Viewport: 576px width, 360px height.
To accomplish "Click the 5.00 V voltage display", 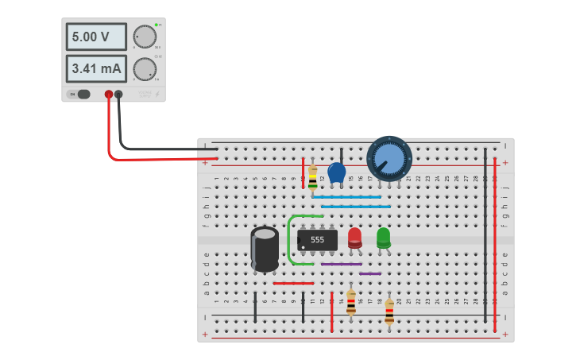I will (x=95, y=37).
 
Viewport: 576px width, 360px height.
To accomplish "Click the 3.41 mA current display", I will (x=95, y=69).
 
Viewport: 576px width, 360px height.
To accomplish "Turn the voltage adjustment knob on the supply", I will (x=145, y=37).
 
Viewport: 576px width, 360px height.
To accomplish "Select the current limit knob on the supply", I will (x=145, y=68).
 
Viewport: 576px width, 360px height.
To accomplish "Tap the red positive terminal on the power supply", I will (x=109, y=95).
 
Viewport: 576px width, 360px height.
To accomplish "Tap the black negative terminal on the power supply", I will (x=119, y=95).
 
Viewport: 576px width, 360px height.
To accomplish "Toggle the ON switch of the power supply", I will (x=81, y=95).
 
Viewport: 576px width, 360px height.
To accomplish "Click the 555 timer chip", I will (x=317, y=239).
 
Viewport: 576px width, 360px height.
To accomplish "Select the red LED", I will (x=354, y=237).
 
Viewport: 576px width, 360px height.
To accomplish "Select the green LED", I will (x=383, y=237).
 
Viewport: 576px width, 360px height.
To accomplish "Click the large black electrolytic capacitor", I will (x=265, y=248).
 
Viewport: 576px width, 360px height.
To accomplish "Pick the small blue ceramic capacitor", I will (x=336, y=172).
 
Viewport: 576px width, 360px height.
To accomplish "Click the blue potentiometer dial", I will (x=389, y=157).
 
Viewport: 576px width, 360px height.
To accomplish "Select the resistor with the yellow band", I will (x=312, y=177).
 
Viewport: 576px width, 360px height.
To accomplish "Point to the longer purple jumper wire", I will (x=342, y=264).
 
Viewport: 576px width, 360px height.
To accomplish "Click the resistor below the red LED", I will (x=351, y=302).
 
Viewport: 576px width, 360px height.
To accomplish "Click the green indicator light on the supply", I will (x=157, y=25).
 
